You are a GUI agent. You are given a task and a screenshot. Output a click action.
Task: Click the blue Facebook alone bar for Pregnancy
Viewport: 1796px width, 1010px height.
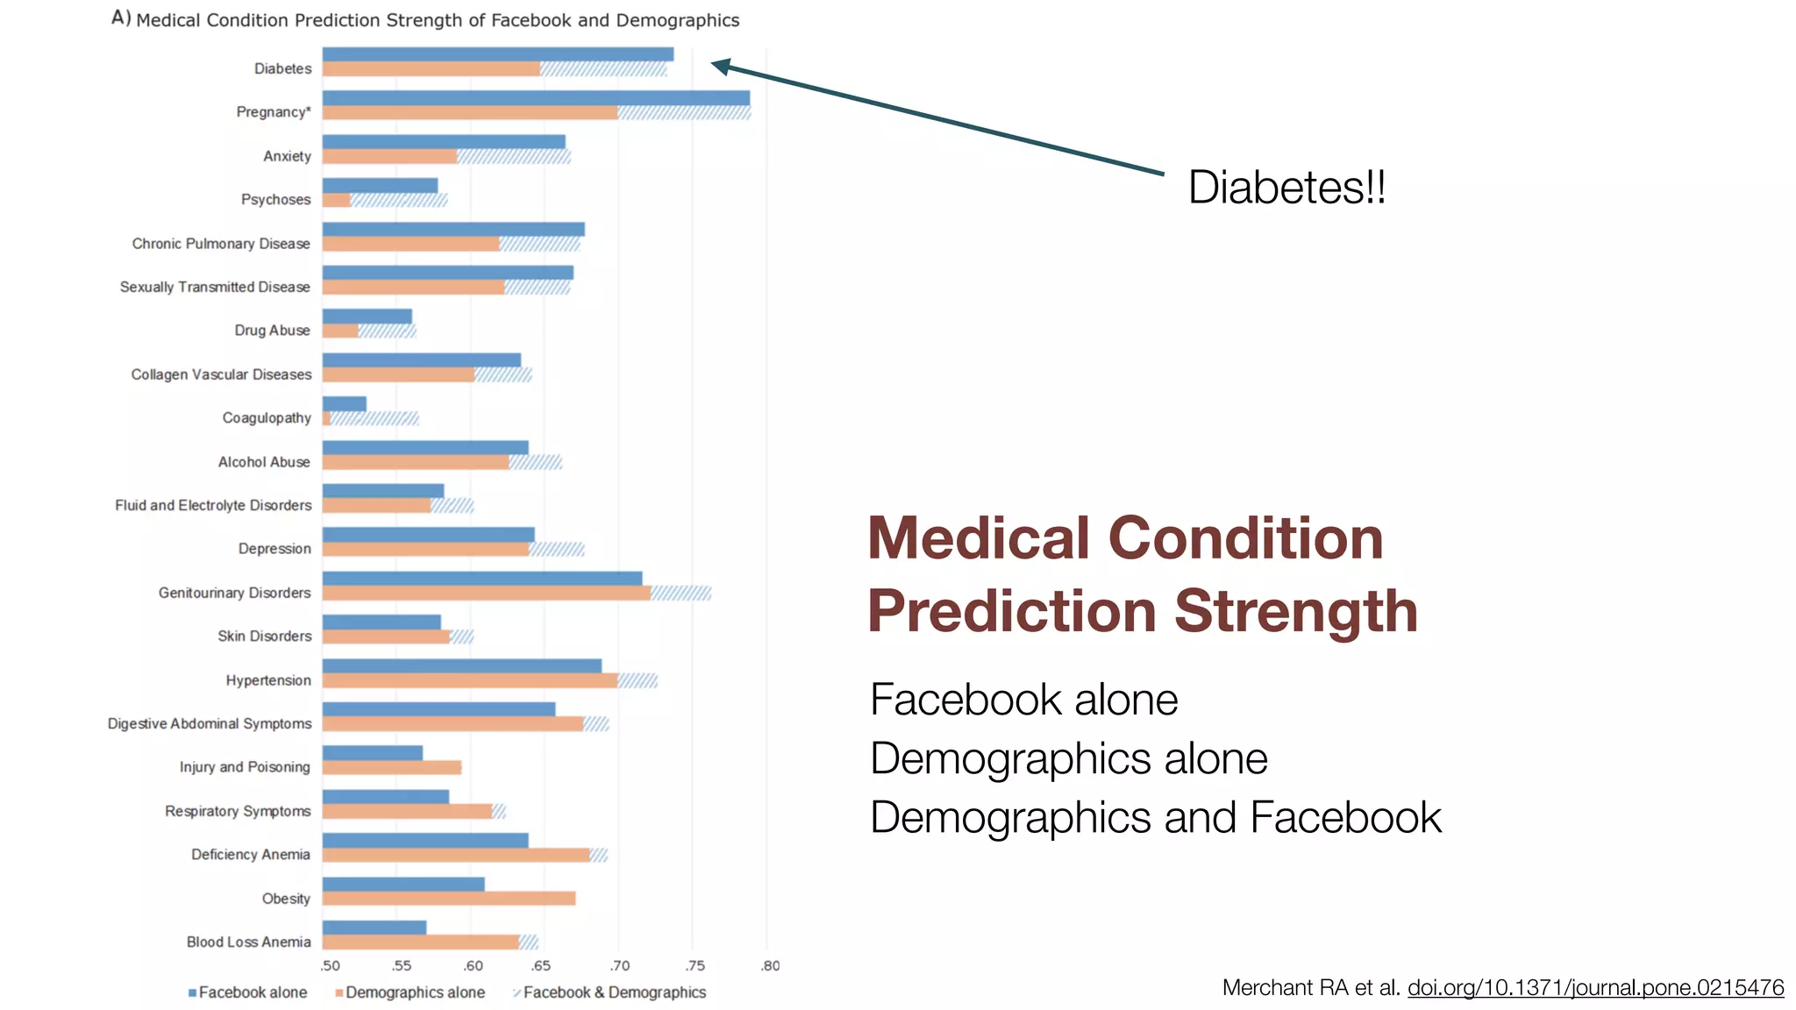click(x=536, y=98)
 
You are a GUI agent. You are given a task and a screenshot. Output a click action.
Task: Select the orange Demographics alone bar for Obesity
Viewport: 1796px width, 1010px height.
click(x=448, y=899)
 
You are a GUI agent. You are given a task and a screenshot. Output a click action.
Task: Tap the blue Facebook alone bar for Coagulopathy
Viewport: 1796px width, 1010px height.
click(x=344, y=404)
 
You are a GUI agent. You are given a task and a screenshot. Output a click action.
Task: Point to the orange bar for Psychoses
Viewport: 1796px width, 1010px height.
click(x=337, y=201)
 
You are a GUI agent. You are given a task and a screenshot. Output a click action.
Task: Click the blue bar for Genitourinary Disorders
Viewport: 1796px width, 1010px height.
click(x=481, y=579)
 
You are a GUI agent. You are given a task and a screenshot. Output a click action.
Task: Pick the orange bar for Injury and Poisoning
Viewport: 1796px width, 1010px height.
click(x=391, y=768)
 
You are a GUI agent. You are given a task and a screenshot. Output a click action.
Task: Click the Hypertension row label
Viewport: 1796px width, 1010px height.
click(x=268, y=680)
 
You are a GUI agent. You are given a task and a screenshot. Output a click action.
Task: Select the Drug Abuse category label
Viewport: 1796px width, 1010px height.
click(x=272, y=331)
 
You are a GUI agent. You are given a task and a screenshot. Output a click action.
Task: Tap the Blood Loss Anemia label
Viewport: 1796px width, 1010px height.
click(x=248, y=942)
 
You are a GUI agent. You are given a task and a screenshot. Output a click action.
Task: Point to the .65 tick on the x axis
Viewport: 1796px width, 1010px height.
click(x=541, y=966)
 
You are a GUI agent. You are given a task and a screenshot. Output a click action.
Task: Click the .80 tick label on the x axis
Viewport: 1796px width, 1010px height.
click(x=769, y=966)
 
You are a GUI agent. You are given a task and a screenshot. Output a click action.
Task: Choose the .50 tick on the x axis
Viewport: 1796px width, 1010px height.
click(x=330, y=966)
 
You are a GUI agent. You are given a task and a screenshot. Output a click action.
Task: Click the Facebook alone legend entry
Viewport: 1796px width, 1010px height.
click(x=248, y=992)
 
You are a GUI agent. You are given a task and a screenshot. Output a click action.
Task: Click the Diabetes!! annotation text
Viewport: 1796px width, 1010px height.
click(x=1286, y=188)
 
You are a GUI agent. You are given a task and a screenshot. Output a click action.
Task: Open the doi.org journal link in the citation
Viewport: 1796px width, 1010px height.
click(x=1595, y=988)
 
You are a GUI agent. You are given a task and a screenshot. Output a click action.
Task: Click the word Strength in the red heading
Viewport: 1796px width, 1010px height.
click(x=1295, y=611)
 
